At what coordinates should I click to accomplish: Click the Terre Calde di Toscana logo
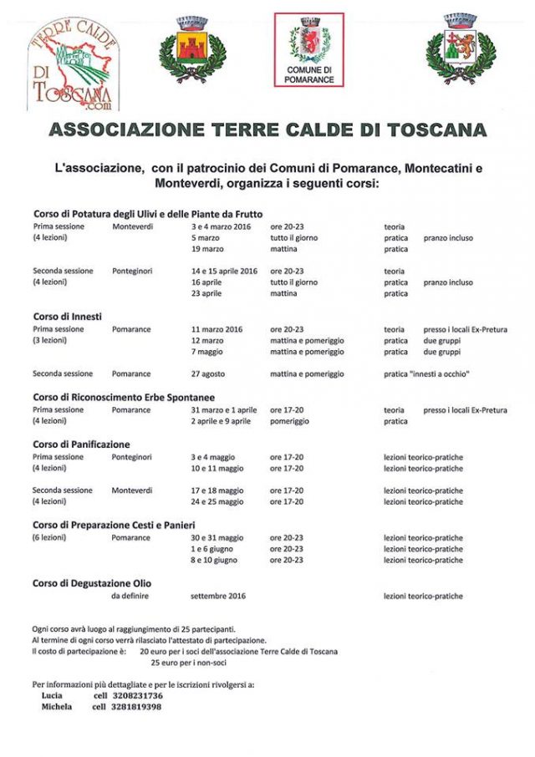tap(74, 64)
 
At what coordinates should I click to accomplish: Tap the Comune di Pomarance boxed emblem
tap(309, 49)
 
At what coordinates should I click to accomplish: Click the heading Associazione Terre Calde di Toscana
tap(267, 130)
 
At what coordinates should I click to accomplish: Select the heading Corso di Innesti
tap(68, 317)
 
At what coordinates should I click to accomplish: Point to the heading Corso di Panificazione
tap(82, 445)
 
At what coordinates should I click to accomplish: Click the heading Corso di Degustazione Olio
tap(92, 583)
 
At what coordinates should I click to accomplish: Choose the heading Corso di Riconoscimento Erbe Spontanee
tap(123, 398)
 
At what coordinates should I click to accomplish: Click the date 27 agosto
tap(208, 374)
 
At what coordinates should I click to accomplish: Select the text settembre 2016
tap(217, 597)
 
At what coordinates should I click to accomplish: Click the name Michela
tap(57, 707)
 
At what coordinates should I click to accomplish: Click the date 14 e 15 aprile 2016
tap(225, 272)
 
